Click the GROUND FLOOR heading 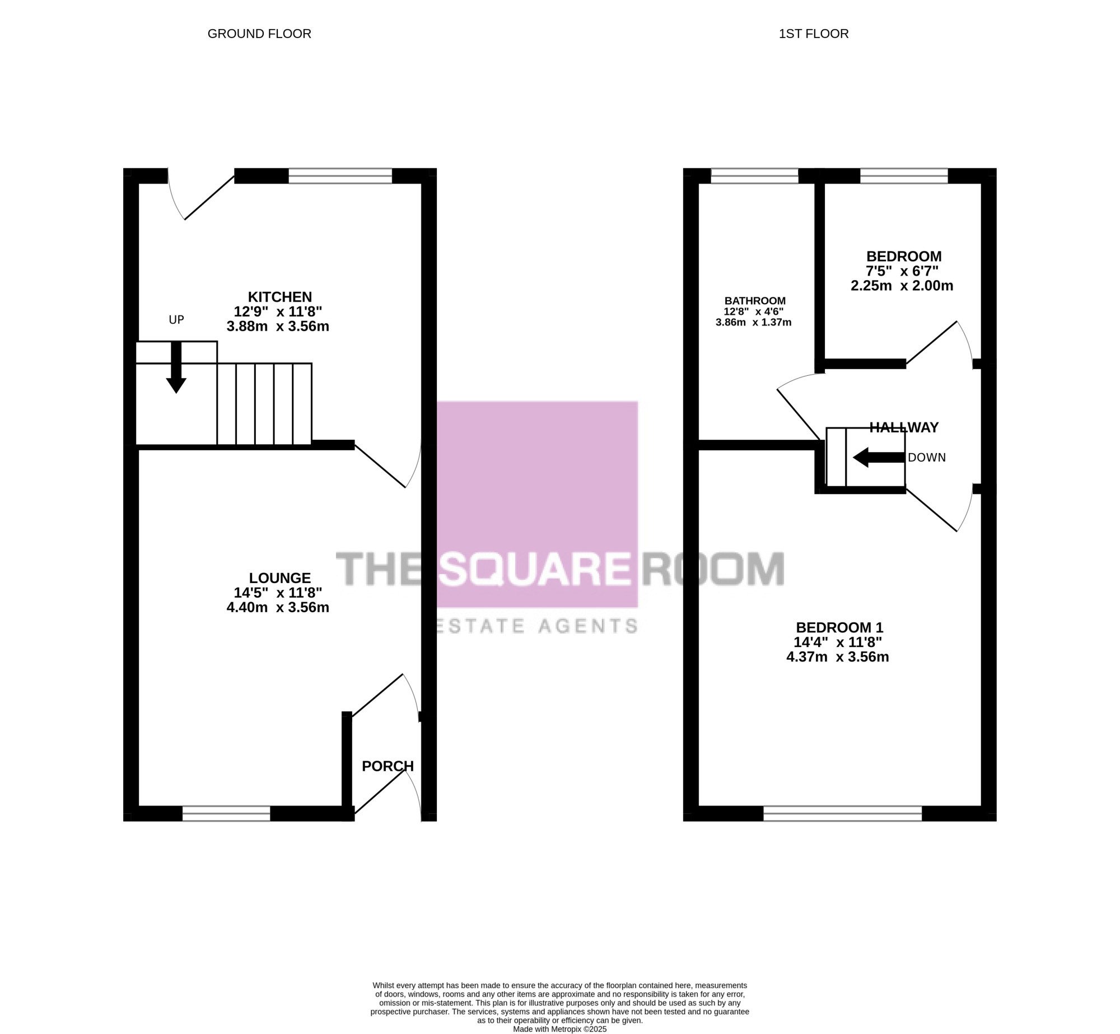pos(259,34)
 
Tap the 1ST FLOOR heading pos(814,34)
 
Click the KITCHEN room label pos(280,297)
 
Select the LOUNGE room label pos(280,578)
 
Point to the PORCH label pos(388,766)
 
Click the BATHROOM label pos(755,301)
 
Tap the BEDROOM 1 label pos(840,628)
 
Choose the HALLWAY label pos(904,427)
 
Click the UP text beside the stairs pos(176,320)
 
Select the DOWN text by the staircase pos(927,458)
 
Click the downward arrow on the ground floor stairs pos(176,367)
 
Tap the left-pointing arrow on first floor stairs pos(879,458)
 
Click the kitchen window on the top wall pos(340,176)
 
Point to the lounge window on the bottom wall pos(226,813)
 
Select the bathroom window pos(754,176)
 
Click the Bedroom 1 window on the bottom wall pos(843,813)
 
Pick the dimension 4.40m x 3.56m pos(278,607)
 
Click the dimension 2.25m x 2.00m pos(902,286)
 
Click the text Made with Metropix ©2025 pos(560,1029)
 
